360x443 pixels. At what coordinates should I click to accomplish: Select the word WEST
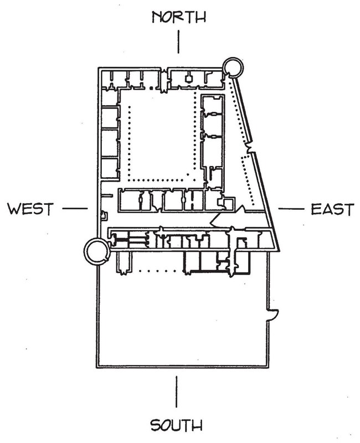tap(30, 209)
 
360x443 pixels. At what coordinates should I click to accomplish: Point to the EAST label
tap(331, 209)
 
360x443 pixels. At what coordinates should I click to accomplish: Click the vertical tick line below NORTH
tap(178, 42)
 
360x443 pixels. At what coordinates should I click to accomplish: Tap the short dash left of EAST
tap(289, 209)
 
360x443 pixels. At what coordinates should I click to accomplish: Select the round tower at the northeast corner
tap(231, 69)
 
